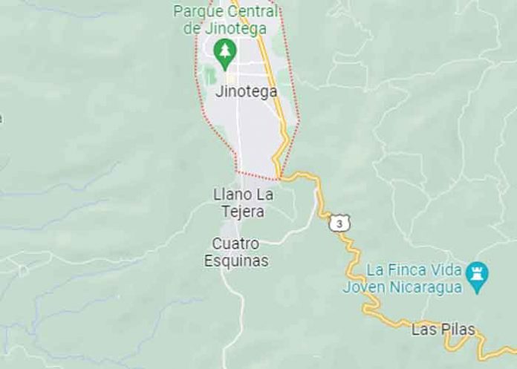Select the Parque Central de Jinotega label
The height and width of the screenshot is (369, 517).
(226, 20)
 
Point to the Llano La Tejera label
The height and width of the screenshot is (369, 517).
(244, 203)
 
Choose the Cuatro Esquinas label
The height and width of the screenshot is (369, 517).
(236, 252)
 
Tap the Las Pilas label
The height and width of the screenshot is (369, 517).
(443, 329)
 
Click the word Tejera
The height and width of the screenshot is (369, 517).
(244, 212)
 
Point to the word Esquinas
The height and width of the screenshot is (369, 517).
(236, 261)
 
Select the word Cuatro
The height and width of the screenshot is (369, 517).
(235, 244)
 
